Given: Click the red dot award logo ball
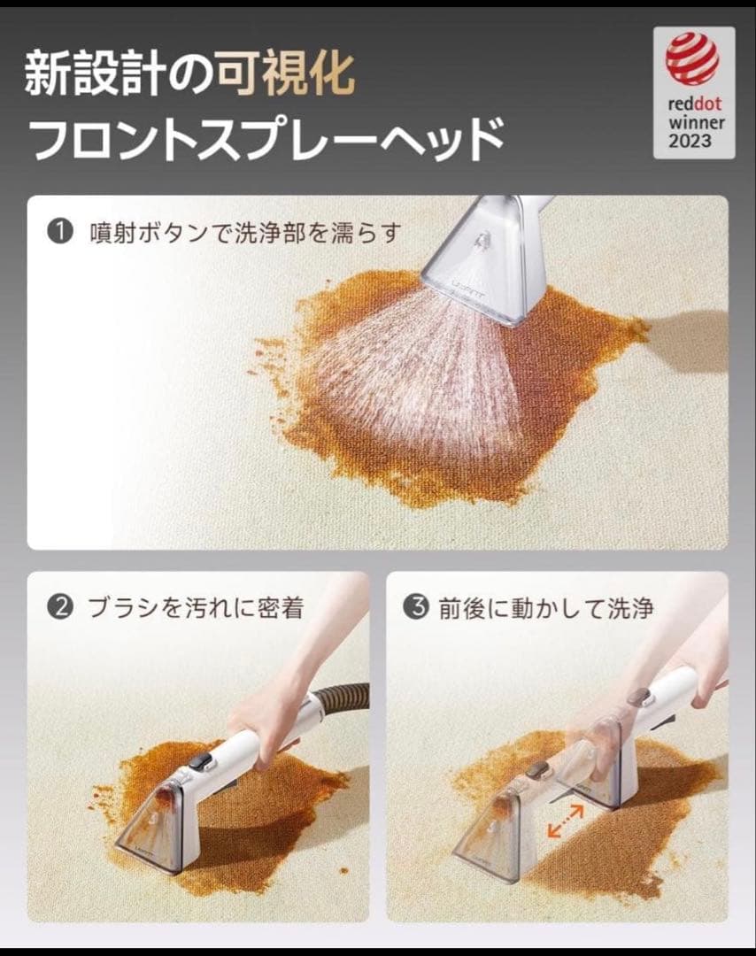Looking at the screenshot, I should pos(692,58).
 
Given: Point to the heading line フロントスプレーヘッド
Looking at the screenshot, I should pos(266,137).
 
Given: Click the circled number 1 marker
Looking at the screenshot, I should pos(58,233).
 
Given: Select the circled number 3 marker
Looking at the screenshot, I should pos(415,608).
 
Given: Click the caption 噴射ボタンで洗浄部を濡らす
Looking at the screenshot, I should pos(245,233).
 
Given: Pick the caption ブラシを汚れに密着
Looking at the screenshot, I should pos(195,608).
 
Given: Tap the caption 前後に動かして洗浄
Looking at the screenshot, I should pos(545,608).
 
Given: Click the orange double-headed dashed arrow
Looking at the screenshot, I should pos(564,821).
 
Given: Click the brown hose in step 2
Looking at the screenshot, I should pos(341,699).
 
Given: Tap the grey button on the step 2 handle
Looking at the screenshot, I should pos(203,760).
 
